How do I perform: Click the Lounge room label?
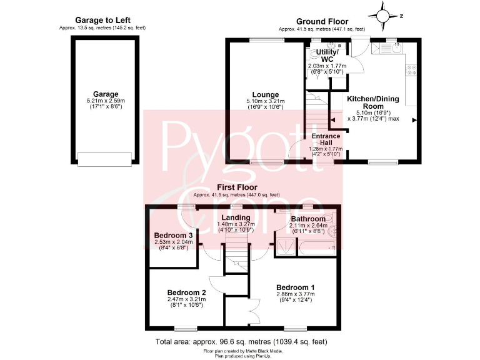[266, 95]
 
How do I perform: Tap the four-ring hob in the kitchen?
[412, 71]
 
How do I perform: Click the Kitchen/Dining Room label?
[374, 102]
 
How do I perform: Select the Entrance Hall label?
[326, 139]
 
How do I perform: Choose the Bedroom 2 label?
[186, 292]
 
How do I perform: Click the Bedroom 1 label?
[296, 287]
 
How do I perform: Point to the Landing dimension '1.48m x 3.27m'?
[235, 224]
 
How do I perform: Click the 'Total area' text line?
[241, 342]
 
